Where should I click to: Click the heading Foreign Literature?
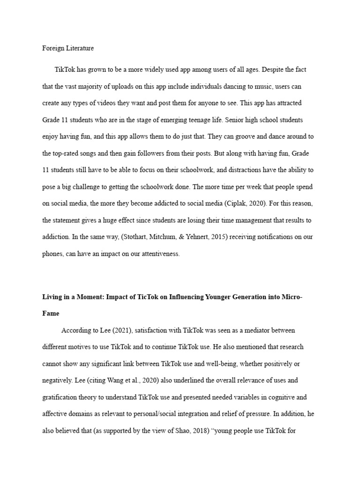tap(68, 48)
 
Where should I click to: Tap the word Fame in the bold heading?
tap(51, 313)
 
